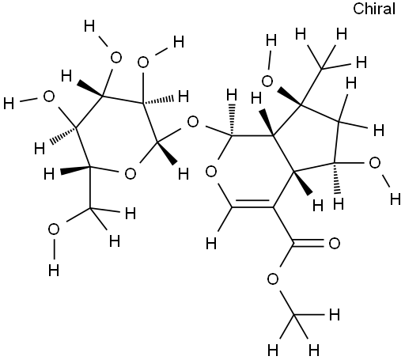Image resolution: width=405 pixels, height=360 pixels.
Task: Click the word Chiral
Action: point(374,9)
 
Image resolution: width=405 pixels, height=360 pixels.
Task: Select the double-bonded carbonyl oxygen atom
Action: point(335,243)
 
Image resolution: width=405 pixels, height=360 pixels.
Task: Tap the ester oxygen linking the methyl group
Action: point(273,279)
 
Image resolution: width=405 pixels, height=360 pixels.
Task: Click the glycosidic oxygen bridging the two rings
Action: point(193,122)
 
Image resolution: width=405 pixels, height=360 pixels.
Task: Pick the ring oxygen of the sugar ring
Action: point(131,173)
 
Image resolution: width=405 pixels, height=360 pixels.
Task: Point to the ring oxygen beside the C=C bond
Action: point(211,172)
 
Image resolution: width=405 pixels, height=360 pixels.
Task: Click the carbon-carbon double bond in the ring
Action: point(252,203)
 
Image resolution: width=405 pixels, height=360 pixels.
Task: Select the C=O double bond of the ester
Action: point(308,244)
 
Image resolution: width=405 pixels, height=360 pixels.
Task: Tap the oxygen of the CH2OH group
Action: point(54,229)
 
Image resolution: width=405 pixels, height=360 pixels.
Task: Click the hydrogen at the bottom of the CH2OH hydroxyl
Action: point(54,270)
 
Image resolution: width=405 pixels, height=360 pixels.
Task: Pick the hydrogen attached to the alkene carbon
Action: point(211,243)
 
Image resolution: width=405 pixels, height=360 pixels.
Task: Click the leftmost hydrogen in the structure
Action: point(9,103)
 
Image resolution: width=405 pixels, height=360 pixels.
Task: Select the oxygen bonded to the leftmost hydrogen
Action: point(49,97)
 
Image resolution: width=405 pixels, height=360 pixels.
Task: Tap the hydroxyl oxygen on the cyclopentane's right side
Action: point(375,163)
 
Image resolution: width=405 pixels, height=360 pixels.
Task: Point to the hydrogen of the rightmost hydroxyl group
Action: point(396,199)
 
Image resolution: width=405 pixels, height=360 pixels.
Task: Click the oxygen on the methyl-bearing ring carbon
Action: point(267,81)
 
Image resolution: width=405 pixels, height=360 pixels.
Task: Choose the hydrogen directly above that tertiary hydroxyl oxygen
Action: point(271,40)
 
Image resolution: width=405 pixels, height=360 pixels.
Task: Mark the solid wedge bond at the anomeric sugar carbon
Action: point(166,153)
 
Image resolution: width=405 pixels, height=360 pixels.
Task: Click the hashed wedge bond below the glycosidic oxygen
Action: point(232,120)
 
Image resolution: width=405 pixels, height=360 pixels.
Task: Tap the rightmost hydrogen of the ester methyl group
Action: point(335,315)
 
